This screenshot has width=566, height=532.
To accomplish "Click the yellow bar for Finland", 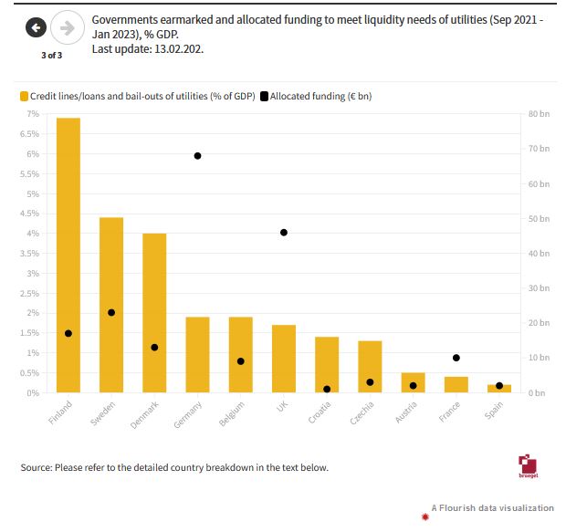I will [x=68, y=256].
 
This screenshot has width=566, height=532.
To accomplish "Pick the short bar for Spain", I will [x=498, y=389].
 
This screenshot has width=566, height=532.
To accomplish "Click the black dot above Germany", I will [x=197, y=156].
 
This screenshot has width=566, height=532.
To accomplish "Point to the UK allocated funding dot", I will [x=284, y=233].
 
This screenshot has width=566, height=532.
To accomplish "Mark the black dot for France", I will [x=456, y=358].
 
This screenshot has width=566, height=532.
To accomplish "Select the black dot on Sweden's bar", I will [x=111, y=312].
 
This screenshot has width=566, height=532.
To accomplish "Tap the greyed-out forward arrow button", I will [x=66, y=28].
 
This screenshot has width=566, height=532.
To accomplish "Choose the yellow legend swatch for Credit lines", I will [x=25, y=96].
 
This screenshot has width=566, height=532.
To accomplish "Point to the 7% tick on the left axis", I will [x=34, y=114].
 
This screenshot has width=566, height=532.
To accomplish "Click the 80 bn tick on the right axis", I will [x=539, y=114].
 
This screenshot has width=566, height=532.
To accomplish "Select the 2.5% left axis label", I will [x=32, y=293].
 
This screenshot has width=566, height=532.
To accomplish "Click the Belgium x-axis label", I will [x=233, y=412].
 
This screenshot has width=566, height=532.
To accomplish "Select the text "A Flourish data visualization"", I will [x=493, y=507].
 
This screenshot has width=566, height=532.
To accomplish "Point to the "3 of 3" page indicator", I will [x=52, y=56].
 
